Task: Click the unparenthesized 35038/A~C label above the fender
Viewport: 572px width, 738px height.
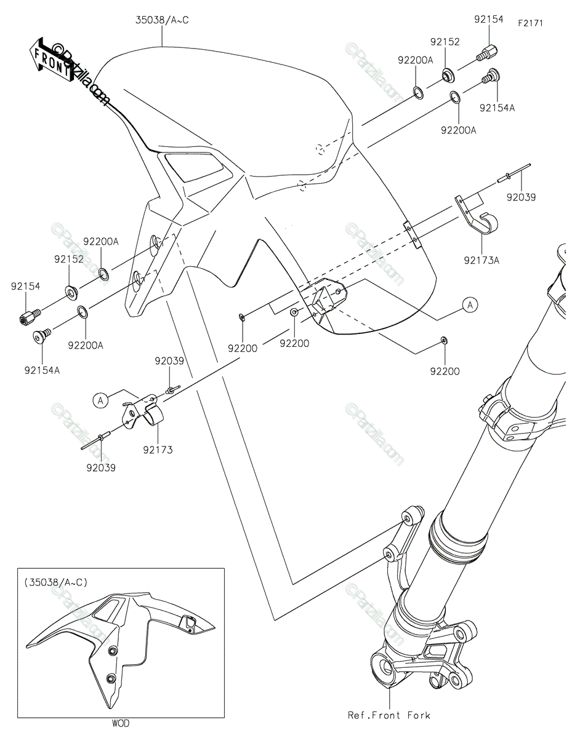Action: pos(162,20)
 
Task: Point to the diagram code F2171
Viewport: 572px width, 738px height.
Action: pos(531,23)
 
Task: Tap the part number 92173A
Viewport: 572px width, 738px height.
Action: pos(481,261)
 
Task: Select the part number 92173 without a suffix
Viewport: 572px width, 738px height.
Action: pos(158,450)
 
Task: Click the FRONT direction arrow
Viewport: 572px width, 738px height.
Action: pos(53,60)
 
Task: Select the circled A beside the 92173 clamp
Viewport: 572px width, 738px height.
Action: pos(100,401)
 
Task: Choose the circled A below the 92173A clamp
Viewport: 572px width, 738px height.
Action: pos(470,305)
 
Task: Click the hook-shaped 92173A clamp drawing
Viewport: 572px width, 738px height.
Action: pos(477,216)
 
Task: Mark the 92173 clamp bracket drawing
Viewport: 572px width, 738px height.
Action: pos(143,411)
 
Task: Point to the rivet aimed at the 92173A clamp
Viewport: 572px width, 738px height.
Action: pos(514,173)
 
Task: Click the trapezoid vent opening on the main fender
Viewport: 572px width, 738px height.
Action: pos(194,167)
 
